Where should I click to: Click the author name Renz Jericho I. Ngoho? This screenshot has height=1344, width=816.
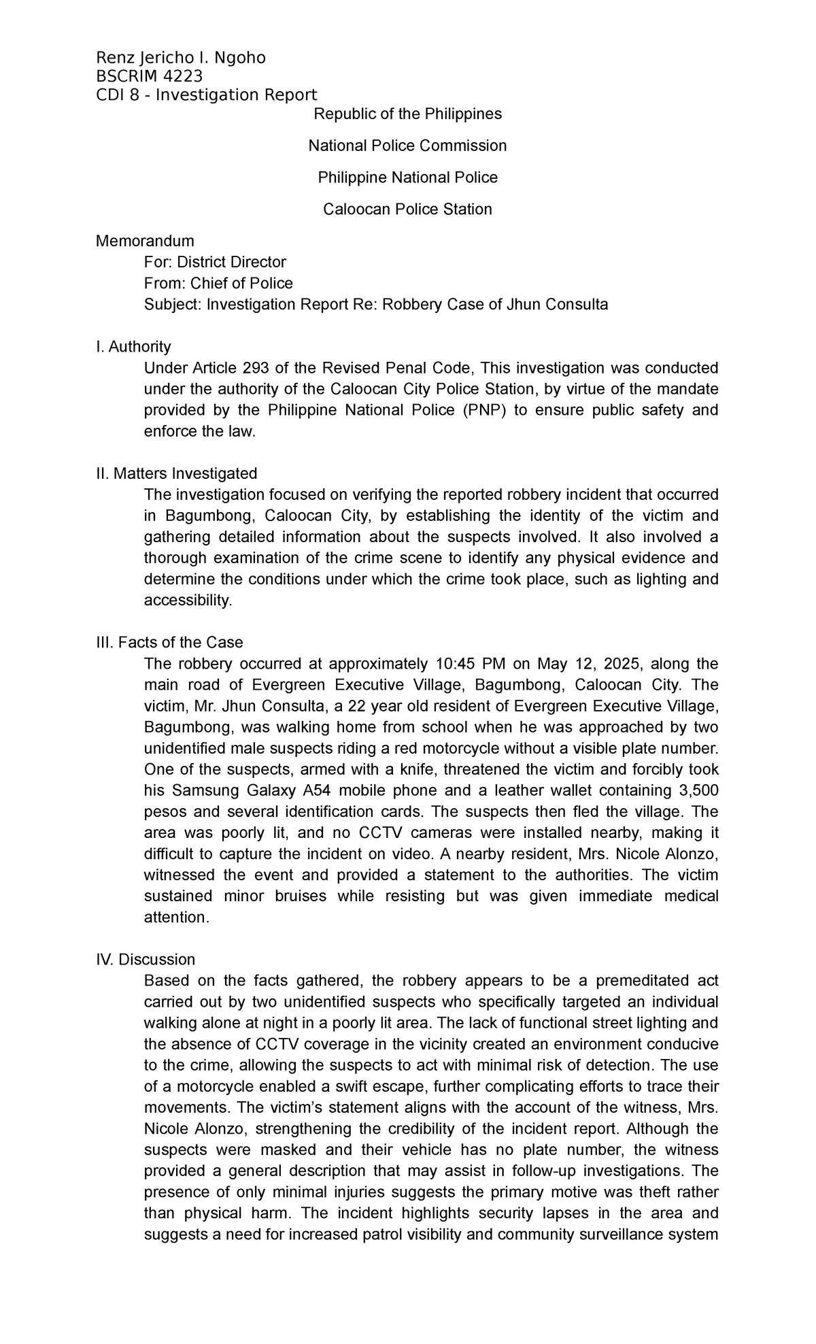(x=181, y=58)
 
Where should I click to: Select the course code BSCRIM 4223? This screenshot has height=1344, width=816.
(x=150, y=75)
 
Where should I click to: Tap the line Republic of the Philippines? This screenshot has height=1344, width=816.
(x=407, y=114)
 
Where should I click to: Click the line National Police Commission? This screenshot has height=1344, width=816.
(x=407, y=146)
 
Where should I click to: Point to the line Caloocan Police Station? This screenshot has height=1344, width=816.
(x=407, y=209)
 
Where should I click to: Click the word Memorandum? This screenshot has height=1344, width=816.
(x=145, y=241)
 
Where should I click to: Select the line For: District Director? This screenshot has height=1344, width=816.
(x=215, y=262)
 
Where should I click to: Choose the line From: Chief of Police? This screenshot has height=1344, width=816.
(x=218, y=283)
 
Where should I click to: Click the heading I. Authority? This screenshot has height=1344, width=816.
(x=133, y=347)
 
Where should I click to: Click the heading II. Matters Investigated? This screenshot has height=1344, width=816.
(x=177, y=473)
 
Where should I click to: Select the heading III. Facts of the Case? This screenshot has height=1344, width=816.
(x=169, y=642)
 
